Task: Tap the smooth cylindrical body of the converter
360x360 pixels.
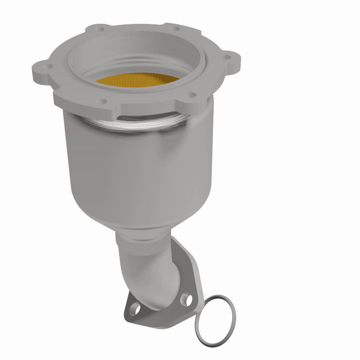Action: tap(135, 166)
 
